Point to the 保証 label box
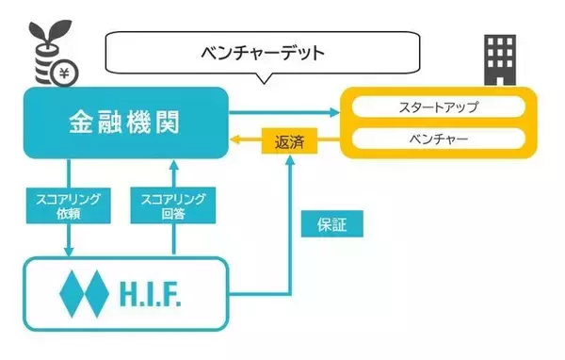pos(331,226)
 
